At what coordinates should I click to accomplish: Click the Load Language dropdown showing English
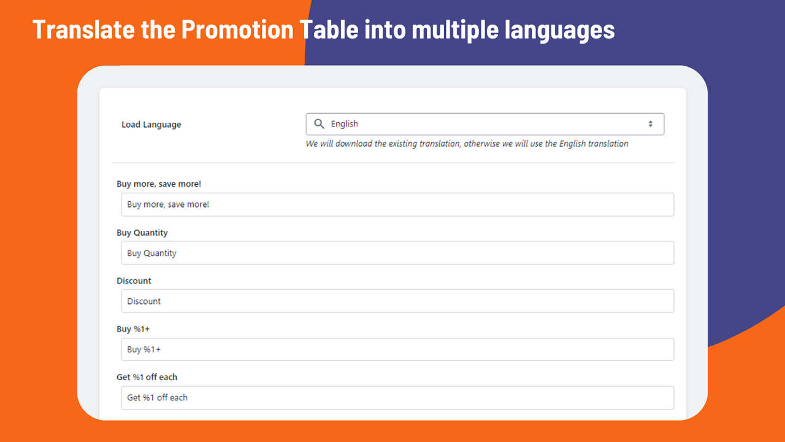click(x=484, y=124)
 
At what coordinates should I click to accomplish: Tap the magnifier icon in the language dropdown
click(x=319, y=124)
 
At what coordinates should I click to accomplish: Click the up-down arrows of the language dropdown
click(x=651, y=124)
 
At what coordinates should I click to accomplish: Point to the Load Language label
click(x=151, y=125)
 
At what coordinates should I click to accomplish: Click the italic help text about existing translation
click(x=467, y=144)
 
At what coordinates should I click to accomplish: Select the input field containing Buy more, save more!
click(x=397, y=204)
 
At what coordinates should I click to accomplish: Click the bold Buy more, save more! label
click(x=159, y=184)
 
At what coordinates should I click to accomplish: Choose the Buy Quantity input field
click(x=397, y=253)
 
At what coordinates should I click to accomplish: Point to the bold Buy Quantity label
click(x=142, y=233)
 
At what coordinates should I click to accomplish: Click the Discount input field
click(x=397, y=301)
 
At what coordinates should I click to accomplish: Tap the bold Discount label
click(x=134, y=281)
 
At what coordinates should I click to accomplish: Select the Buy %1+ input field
click(x=397, y=349)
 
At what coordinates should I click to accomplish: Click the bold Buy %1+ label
click(x=133, y=329)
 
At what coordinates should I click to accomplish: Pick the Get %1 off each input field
click(x=397, y=397)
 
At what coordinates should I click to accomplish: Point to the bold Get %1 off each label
click(x=147, y=377)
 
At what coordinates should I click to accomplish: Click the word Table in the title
click(x=332, y=29)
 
